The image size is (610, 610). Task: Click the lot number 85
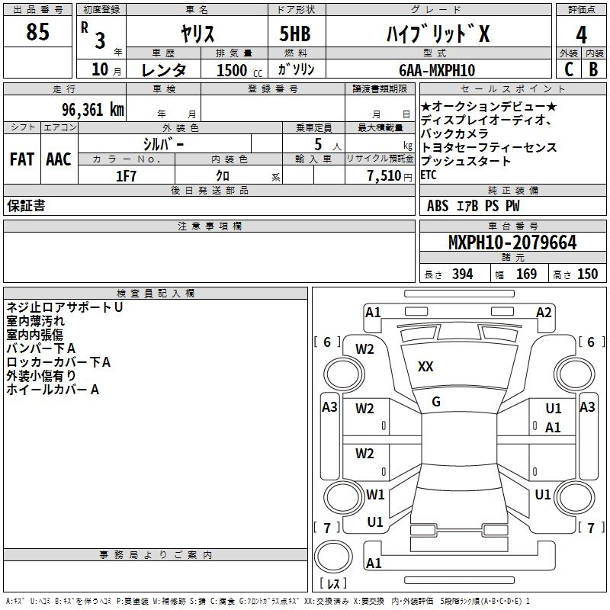[37, 31]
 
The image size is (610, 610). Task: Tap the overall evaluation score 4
[581, 34]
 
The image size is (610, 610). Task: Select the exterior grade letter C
[569, 69]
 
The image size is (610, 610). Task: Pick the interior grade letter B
[593, 69]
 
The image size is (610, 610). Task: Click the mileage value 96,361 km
[93, 109]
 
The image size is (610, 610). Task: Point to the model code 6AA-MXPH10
[437, 70]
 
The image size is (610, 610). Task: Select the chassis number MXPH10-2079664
[512, 242]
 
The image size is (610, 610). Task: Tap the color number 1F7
[126, 176]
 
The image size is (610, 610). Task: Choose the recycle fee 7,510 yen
[390, 176]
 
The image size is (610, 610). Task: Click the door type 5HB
[295, 34]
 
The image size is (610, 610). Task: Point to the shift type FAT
[22, 159]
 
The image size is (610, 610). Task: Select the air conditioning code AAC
[59, 159]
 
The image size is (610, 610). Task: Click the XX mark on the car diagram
[425, 367]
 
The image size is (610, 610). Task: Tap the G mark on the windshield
[436, 402]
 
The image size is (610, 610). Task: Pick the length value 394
[463, 274]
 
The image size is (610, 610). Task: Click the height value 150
[587, 274]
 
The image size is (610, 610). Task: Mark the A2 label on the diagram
[544, 313]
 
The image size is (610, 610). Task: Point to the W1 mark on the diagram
[375, 494]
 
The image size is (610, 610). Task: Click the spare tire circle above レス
[333, 557]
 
